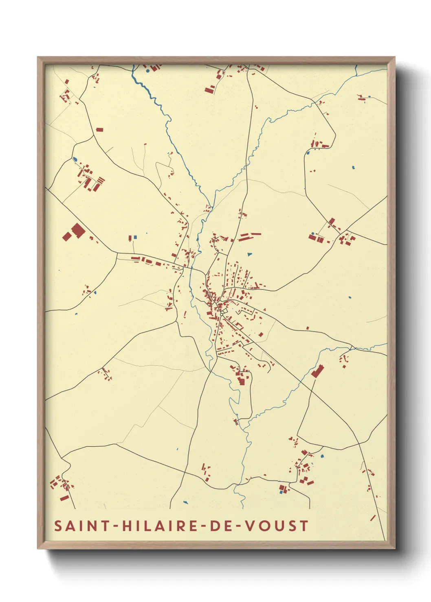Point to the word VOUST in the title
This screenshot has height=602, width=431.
pyautogui.click(x=277, y=526)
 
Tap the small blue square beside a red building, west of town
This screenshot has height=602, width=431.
pyautogui.click(x=135, y=237)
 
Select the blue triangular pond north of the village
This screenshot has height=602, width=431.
pyautogui.click(x=249, y=255)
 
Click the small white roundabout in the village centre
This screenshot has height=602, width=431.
pyautogui.click(x=222, y=312)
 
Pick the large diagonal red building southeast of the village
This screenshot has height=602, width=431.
pyautogui.click(x=317, y=371)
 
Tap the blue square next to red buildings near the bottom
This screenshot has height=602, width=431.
pyautogui.click(x=281, y=492)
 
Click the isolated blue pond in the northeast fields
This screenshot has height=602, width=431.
pyautogui.click(x=353, y=167)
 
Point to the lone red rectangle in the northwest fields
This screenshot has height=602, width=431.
pyautogui.click(x=99, y=130)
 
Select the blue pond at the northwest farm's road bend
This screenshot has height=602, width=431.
pyautogui.click(x=75, y=159)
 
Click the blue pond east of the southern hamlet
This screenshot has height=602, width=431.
pyautogui.click(x=323, y=456)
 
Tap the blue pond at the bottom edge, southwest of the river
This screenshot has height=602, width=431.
pyautogui.click(x=186, y=503)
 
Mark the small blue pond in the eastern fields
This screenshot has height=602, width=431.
pyautogui.click(x=350, y=297)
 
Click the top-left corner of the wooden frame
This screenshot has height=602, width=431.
pyautogui.click(x=38, y=58)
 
